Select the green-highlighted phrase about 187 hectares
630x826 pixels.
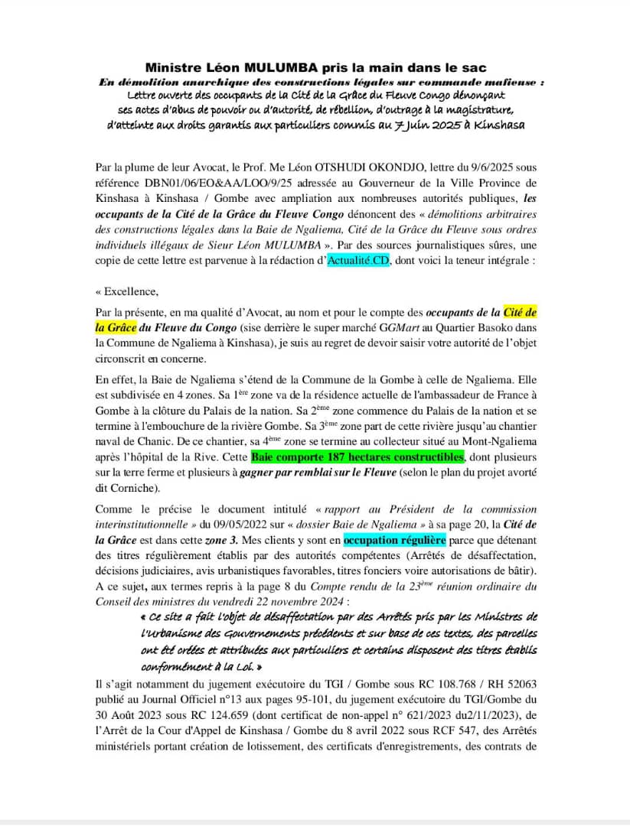[357, 457]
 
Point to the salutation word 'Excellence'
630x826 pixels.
[128, 291]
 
